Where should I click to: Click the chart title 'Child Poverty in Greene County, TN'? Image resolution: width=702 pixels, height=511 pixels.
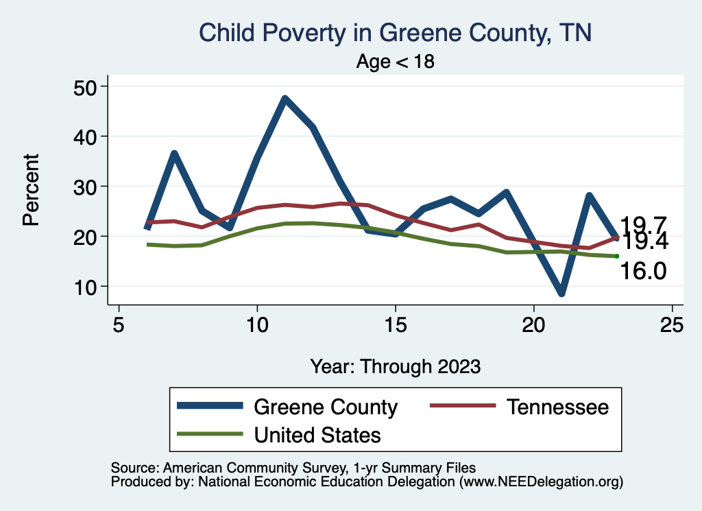point(394,32)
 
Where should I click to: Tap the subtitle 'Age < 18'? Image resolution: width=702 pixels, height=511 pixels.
point(396,61)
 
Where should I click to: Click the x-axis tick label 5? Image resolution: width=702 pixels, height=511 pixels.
point(119,324)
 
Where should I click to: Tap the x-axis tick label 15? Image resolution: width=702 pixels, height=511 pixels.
point(395,324)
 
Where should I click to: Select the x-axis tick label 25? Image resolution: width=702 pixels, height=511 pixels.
point(672,324)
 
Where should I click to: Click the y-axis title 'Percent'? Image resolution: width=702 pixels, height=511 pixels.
point(30,190)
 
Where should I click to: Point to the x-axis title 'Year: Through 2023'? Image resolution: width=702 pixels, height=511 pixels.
point(395,366)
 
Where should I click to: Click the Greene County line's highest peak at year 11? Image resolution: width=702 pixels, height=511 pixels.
point(285,99)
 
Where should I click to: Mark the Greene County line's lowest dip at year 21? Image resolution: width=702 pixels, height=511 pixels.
point(561,293)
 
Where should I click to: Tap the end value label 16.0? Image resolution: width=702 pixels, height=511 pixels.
point(643,272)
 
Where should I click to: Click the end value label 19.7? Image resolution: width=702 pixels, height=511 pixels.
point(643,224)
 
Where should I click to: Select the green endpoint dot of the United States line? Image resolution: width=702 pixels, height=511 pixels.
point(617,256)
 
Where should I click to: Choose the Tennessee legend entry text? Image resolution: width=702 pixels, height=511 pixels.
point(557,407)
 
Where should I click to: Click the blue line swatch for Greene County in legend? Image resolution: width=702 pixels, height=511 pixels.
point(210,407)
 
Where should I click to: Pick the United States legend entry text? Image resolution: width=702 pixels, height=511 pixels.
point(317,434)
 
